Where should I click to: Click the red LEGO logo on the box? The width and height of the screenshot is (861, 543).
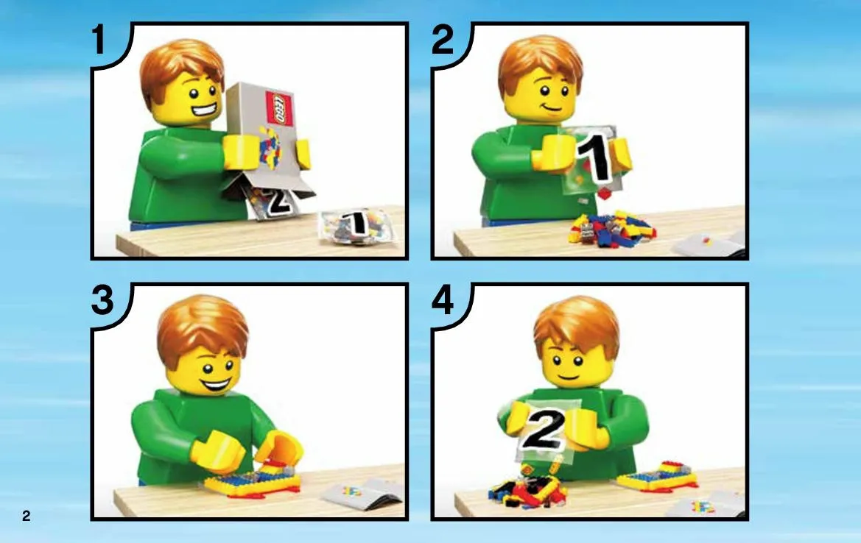279,109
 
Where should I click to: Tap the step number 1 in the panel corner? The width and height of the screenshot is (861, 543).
99,40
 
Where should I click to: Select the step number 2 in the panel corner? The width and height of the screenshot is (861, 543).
443,40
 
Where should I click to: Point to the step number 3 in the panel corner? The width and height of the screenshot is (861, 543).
102,301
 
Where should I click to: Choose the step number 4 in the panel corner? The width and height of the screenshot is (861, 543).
443,301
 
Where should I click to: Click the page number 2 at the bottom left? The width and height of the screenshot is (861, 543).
27,516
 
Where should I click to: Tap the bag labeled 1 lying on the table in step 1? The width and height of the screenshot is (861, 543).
357,225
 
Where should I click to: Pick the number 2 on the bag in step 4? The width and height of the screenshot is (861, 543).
544,430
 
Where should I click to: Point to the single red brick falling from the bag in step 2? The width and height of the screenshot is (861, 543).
604,194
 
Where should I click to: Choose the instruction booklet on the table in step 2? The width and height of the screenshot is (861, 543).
709,244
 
